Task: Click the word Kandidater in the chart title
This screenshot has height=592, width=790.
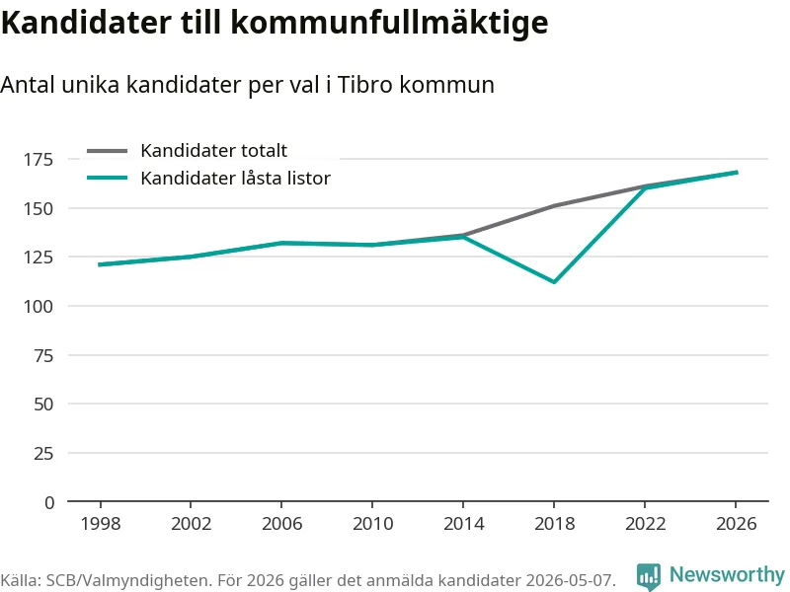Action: (86, 22)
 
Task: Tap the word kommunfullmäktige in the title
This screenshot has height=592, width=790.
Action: (389, 24)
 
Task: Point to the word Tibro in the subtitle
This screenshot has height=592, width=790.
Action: (364, 84)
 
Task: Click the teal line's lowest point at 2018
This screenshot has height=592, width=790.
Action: (554, 282)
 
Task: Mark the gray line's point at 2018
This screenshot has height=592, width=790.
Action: (554, 206)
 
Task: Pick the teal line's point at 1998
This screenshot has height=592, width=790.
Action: (101, 264)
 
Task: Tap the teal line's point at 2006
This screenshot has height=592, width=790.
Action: (281, 243)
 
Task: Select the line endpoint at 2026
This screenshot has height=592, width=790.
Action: (737, 172)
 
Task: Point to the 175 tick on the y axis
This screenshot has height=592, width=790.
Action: (39, 160)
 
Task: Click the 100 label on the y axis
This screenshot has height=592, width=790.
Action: (39, 307)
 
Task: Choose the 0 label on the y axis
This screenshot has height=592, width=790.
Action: (49, 502)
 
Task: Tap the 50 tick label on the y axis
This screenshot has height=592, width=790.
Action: (43, 405)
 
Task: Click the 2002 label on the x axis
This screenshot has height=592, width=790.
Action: (191, 524)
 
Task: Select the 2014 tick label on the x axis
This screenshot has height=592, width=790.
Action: (463, 524)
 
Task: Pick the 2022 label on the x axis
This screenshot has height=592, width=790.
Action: (646, 524)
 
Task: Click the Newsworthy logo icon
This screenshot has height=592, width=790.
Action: (649, 576)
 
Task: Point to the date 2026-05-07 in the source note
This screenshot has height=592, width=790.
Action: (570, 580)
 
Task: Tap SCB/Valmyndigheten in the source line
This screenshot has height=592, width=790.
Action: (126, 580)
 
